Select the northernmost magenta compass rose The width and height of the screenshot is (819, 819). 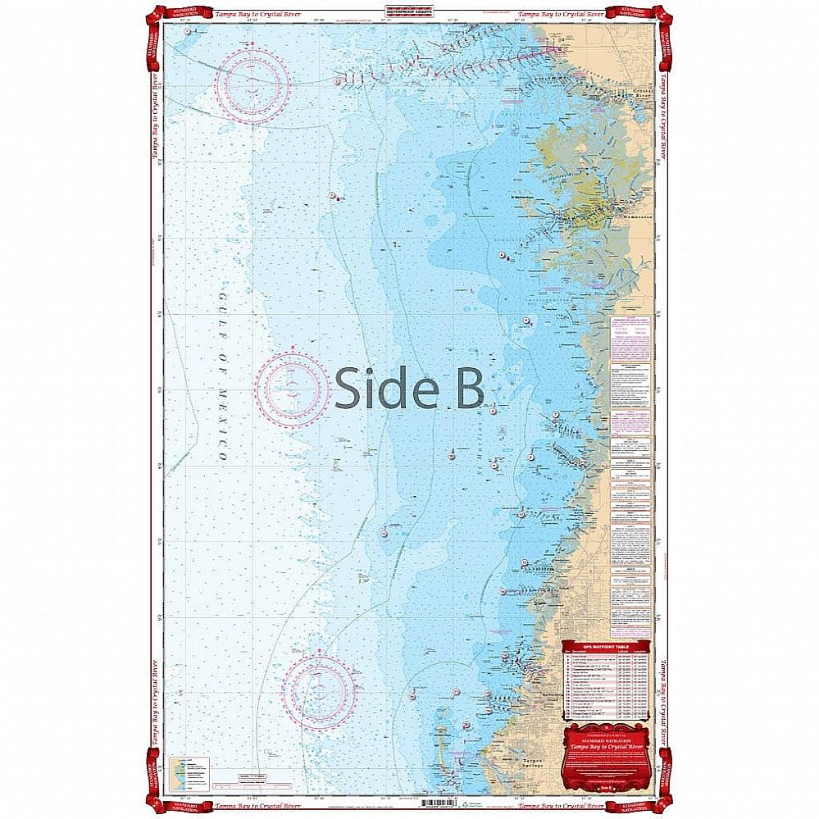coord(252,85)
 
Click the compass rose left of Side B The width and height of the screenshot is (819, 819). coord(291,389)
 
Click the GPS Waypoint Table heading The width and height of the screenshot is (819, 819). coord(606,646)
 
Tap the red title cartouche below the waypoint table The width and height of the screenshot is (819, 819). coord(607,748)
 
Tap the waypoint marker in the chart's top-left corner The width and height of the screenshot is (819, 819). coord(189,31)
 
